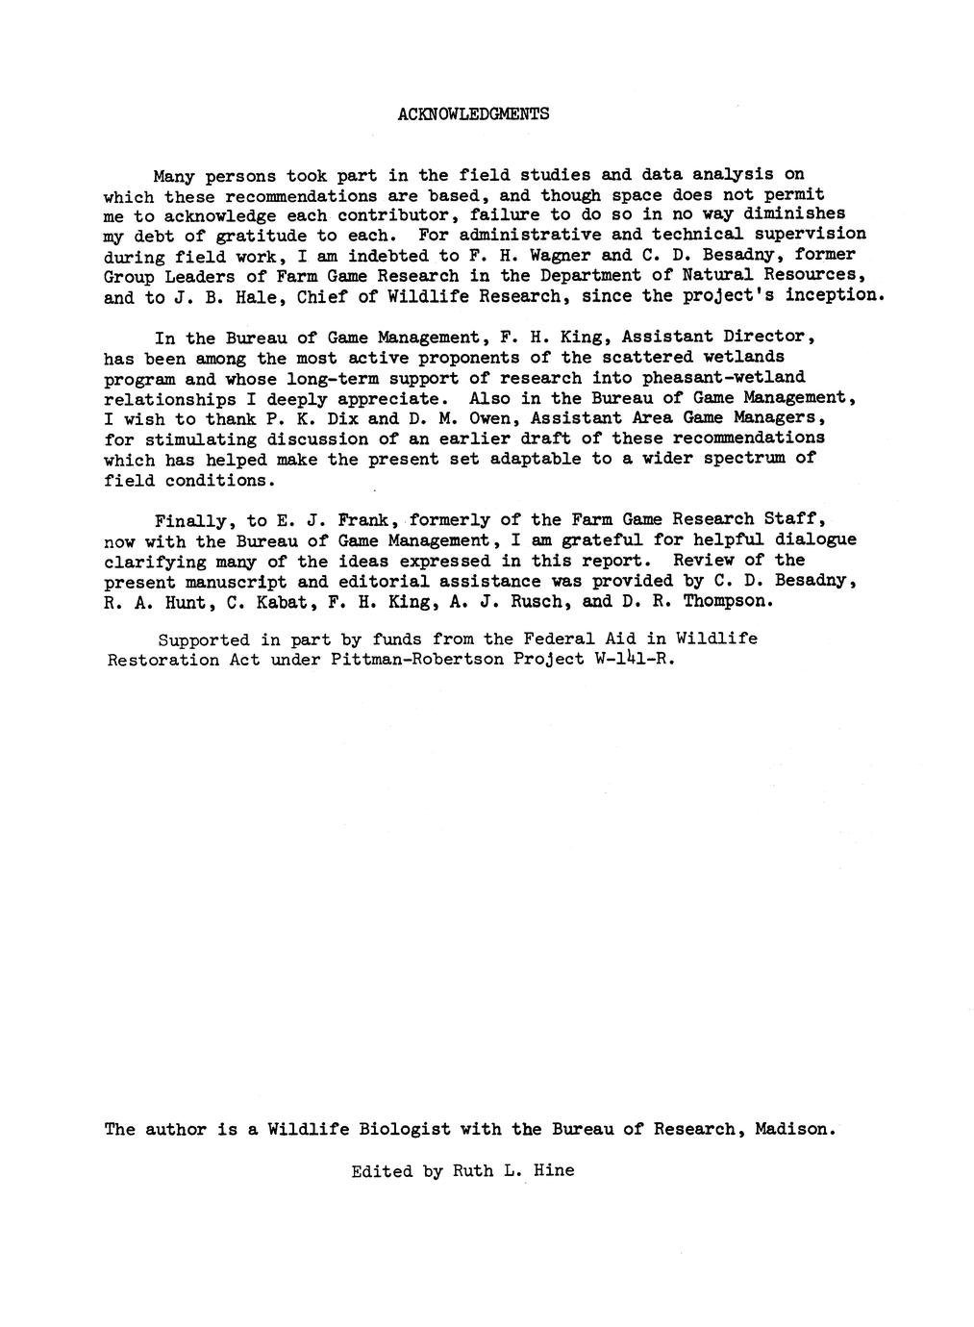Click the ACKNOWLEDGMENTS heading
click(472, 113)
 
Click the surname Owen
click(475, 418)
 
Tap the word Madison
click(794, 1129)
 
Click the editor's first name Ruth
click(471, 1171)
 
